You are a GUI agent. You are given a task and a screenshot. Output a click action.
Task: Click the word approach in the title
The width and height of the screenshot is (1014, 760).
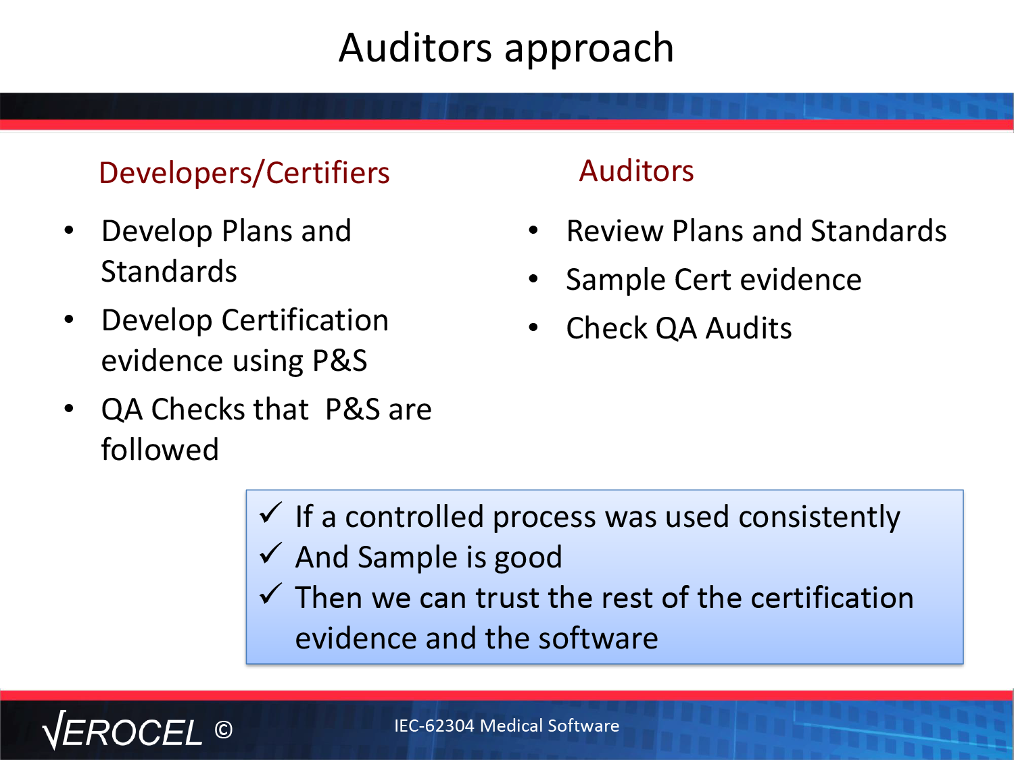pos(589,51)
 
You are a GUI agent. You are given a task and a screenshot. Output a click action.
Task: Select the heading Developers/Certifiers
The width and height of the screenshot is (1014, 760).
pos(245,173)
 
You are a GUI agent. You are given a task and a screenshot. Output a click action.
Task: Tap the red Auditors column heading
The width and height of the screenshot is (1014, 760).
pos(636,171)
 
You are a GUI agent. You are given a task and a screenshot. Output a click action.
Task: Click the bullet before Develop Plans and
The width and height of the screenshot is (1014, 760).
pos(70,230)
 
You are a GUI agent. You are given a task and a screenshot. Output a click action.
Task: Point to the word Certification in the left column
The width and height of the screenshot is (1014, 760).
pos(305,320)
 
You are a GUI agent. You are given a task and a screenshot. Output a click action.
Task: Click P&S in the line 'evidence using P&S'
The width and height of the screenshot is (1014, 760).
pos(339,360)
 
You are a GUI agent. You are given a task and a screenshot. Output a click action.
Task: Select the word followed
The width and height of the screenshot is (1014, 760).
pos(160,449)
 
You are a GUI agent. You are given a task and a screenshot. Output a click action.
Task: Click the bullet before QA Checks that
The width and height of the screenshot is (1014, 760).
pos(70,409)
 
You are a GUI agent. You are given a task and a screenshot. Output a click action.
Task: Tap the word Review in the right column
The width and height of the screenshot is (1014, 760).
pos(614,231)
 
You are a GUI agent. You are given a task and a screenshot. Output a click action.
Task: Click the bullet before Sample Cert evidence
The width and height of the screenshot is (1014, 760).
pos(533,278)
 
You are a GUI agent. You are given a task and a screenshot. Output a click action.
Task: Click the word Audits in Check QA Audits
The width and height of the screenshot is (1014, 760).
pos(748,328)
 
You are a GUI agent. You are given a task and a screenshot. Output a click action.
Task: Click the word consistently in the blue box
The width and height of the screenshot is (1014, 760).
pos(819,517)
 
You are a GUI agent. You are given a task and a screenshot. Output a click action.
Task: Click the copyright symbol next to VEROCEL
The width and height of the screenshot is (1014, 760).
pos(224,730)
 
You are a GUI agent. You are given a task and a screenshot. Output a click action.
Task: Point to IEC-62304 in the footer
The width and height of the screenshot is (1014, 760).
pos(434,726)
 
